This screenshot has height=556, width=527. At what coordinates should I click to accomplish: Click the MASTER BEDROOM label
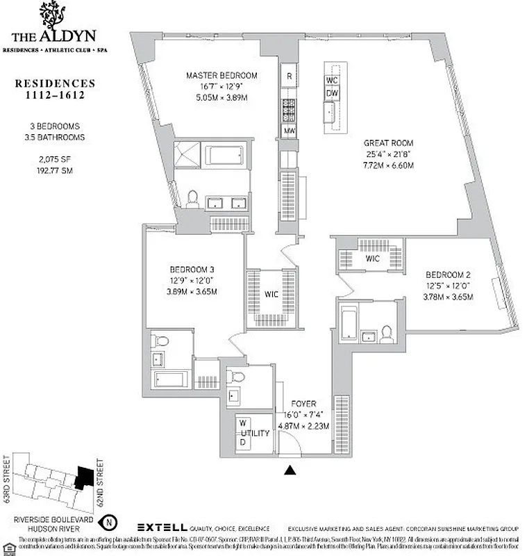(221, 76)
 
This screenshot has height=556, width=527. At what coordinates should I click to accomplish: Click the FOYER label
(303, 403)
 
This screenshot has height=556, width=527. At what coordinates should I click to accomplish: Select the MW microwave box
(289, 131)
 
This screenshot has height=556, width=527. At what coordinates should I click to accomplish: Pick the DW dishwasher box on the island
(332, 93)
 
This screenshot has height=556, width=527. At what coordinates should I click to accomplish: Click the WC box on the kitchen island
(332, 79)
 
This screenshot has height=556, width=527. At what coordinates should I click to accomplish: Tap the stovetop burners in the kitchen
(289, 108)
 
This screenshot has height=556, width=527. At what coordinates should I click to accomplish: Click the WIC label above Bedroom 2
(372, 259)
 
